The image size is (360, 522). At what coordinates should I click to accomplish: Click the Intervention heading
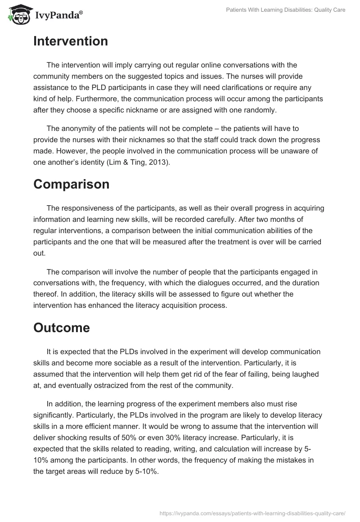(71, 41)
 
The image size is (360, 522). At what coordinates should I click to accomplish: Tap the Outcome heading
(62, 328)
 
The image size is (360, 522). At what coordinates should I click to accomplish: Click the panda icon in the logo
(18, 15)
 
